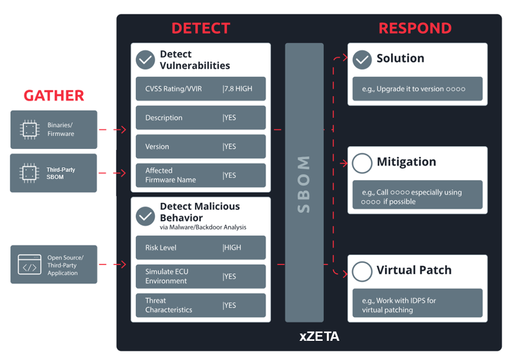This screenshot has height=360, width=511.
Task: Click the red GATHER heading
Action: click(54, 96)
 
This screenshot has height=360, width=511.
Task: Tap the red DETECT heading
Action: click(200, 28)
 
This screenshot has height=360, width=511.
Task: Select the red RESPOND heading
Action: click(415, 28)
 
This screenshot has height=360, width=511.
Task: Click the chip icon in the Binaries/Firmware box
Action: click(29, 130)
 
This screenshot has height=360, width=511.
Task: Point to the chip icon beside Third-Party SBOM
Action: click(29, 173)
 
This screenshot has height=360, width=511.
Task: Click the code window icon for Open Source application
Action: click(29, 265)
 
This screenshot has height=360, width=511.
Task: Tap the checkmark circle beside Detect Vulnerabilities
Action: click(145, 59)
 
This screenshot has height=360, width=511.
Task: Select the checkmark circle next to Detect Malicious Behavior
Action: click(145, 216)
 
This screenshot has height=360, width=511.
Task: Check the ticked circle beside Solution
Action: click(362, 59)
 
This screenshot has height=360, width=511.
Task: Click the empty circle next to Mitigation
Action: click(362, 163)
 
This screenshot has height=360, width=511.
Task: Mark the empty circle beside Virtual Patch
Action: click(362, 271)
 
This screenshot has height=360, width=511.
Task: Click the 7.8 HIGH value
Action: click(239, 89)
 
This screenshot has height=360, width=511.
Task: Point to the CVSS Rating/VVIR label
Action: click(173, 89)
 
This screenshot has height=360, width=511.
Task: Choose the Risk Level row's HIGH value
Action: click(233, 248)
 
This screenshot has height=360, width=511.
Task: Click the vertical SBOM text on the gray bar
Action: click(304, 184)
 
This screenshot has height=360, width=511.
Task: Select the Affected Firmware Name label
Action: click(170, 175)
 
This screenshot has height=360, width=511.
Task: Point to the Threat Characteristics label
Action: click(169, 305)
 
